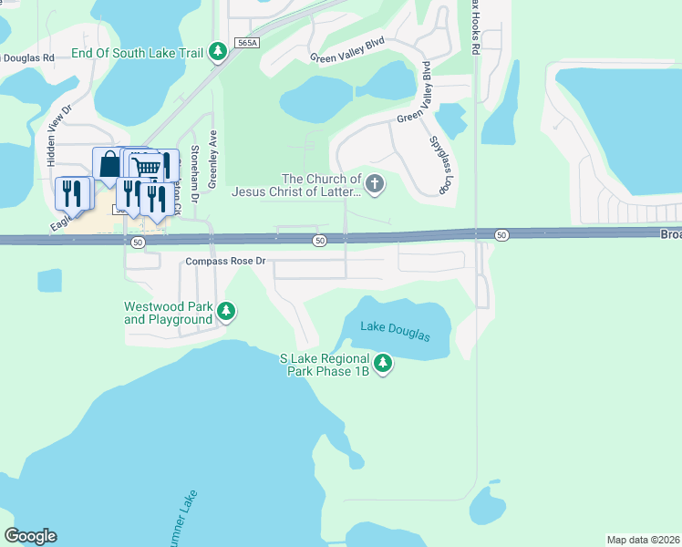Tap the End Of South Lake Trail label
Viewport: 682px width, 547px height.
pyautogui.click(x=137, y=53)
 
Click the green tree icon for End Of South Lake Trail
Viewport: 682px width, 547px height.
pyautogui.click(x=218, y=52)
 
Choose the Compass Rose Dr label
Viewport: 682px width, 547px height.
pyautogui.click(x=224, y=261)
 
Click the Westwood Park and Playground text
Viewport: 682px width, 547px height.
pyautogui.click(x=168, y=313)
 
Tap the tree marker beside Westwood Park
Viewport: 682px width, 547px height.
pyautogui.click(x=227, y=313)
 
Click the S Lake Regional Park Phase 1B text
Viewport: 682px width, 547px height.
pyautogui.click(x=325, y=366)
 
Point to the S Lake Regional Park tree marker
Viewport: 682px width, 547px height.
pyautogui.click(x=384, y=365)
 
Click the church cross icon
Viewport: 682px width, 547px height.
pyautogui.click(x=375, y=185)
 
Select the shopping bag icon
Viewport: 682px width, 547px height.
pyautogui.click(x=109, y=164)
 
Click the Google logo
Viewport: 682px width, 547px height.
pyautogui.click(x=30, y=536)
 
